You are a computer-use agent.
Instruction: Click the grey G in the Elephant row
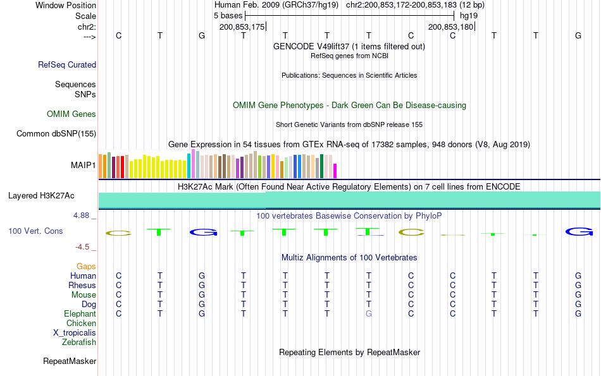coord(368,313)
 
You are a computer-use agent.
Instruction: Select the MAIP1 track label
coord(84,166)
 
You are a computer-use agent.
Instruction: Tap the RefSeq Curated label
coord(67,64)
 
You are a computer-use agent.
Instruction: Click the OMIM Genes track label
coord(71,114)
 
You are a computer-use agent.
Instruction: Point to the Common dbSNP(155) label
coord(56,133)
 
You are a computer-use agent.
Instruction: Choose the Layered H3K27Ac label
coord(41,195)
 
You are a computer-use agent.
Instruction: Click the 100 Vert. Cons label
coord(35,231)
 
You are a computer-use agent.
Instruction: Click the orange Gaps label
coord(86,267)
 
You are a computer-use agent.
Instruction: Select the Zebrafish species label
coord(79,343)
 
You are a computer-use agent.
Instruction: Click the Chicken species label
coord(81,324)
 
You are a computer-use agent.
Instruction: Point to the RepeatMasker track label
coord(70,361)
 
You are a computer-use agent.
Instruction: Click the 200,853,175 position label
coord(242,27)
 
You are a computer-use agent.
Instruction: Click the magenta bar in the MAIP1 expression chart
coord(335,171)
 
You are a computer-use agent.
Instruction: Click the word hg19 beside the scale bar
coord(469,15)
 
